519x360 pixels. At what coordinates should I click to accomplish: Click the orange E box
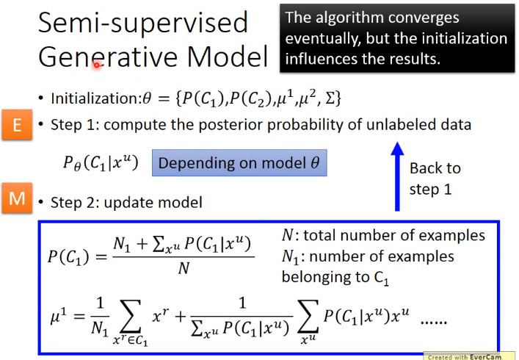click(x=17, y=124)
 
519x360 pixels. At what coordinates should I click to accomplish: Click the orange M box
click(x=17, y=198)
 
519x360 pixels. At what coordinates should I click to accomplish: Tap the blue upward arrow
click(x=397, y=176)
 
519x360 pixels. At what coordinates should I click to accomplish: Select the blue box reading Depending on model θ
click(x=239, y=162)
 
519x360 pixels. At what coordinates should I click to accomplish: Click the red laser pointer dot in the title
click(x=96, y=65)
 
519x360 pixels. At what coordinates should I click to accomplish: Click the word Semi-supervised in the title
click(x=143, y=23)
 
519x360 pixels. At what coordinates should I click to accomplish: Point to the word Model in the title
click(x=228, y=57)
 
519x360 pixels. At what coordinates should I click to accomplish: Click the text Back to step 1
click(x=435, y=179)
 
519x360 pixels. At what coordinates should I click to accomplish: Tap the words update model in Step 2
click(x=153, y=203)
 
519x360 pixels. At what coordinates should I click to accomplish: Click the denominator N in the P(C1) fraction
click(x=184, y=268)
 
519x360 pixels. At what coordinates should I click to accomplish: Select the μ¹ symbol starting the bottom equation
click(x=58, y=316)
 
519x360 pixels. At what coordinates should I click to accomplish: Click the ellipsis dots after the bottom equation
click(x=434, y=322)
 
